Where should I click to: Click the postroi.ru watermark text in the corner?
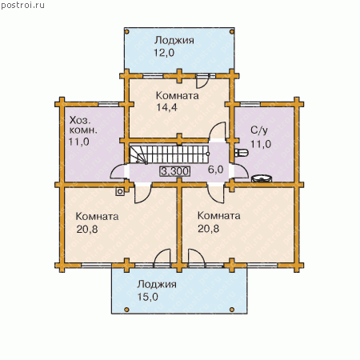point(22,6)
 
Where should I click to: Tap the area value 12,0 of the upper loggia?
point(164,53)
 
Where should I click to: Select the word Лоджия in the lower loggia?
point(157,284)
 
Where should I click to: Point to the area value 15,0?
point(148,297)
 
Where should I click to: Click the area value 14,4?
point(166,107)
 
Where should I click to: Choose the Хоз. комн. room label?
point(83,125)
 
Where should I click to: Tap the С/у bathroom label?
point(259,130)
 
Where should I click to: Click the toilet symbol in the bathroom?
point(242,153)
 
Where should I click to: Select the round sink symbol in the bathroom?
point(262,178)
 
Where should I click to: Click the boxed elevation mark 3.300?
point(175,171)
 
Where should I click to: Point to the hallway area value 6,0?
point(215,170)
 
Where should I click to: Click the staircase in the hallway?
point(170,154)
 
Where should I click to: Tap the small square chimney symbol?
point(120,191)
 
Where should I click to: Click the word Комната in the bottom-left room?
point(97,216)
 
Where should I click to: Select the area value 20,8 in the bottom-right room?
point(208,229)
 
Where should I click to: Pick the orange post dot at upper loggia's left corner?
point(127,32)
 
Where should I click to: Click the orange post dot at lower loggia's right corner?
point(232,310)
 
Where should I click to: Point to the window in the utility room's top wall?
point(108,104)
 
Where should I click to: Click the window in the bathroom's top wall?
point(250,104)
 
